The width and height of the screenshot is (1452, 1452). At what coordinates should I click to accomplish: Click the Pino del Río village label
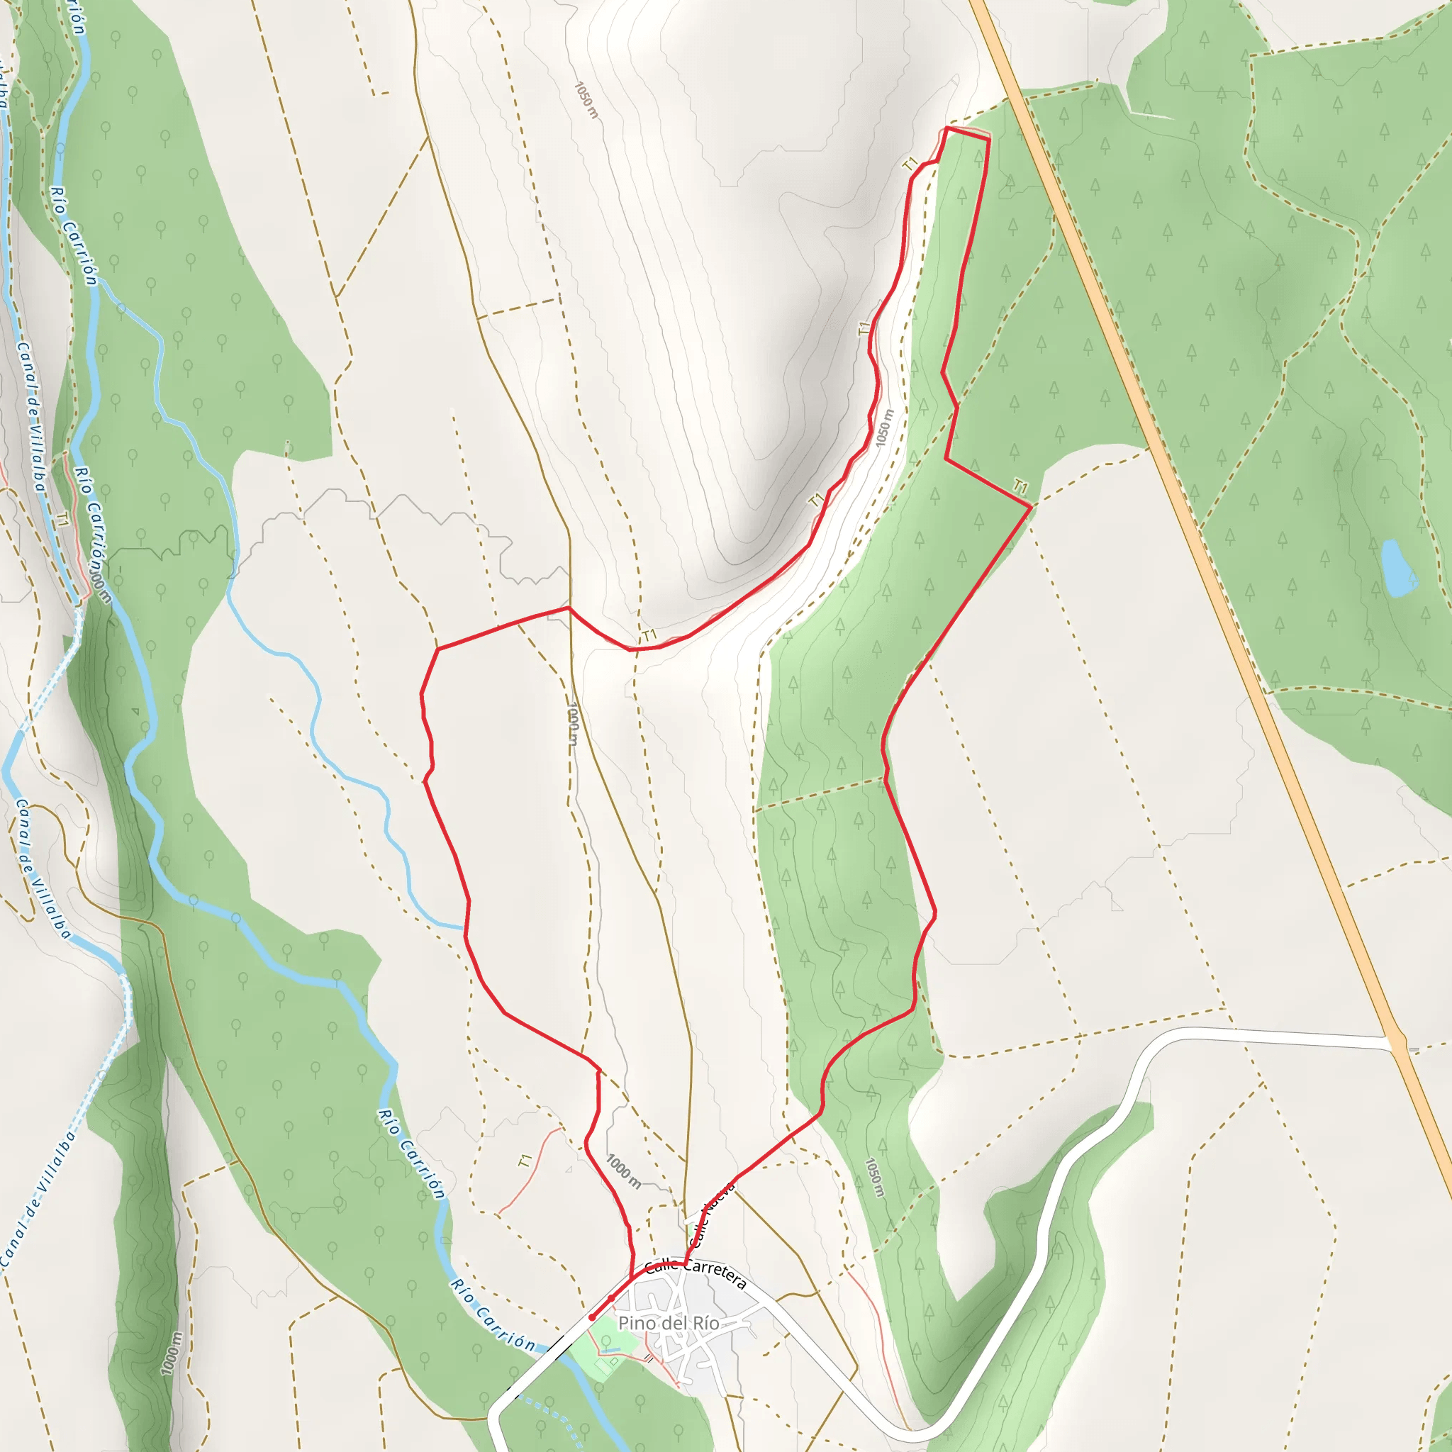(x=668, y=1324)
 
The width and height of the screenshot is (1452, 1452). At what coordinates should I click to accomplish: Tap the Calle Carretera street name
(x=696, y=1273)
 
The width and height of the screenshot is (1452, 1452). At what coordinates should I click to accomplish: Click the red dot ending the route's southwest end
(x=592, y=1317)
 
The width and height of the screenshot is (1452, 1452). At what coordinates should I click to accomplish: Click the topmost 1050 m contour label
(x=586, y=100)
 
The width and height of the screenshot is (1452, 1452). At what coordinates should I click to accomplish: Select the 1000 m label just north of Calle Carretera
(x=624, y=1172)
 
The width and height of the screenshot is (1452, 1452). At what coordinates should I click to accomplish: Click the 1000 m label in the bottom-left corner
(x=172, y=1353)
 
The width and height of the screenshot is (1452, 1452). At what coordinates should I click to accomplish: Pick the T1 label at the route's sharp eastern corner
(x=1020, y=487)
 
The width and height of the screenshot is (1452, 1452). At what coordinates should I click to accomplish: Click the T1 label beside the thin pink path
(x=525, y=1161)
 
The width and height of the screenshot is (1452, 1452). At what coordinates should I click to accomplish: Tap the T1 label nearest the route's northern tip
(x=910, y=164)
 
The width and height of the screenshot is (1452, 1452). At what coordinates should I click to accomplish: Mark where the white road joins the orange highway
(x=1397, y=1044)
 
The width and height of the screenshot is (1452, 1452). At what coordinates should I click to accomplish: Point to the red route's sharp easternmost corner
(x=1029, y=508)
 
